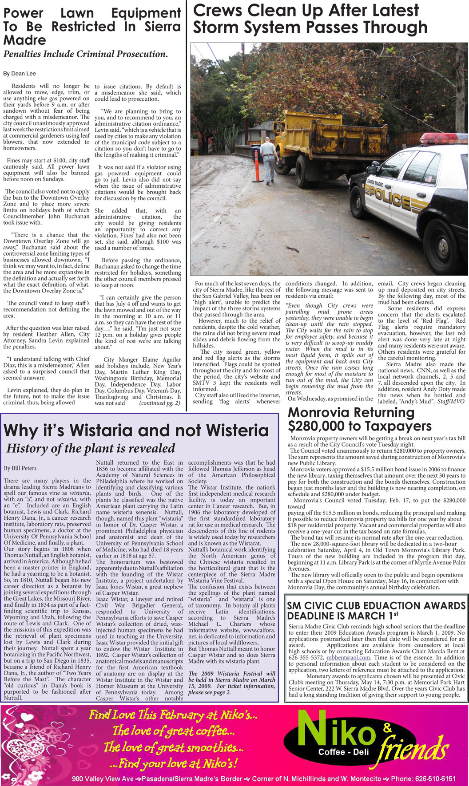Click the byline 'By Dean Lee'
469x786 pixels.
click(20, 74)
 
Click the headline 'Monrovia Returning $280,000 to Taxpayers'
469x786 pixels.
click(359, 419)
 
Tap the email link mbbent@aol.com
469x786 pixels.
click(348, 657)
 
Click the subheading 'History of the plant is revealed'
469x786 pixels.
click(91, 448)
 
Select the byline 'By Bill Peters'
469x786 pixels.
click(20, 468)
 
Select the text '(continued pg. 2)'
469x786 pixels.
click(159, 403)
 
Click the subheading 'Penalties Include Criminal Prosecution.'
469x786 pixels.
click(85, 54)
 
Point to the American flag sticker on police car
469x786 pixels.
click(428, 178)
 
